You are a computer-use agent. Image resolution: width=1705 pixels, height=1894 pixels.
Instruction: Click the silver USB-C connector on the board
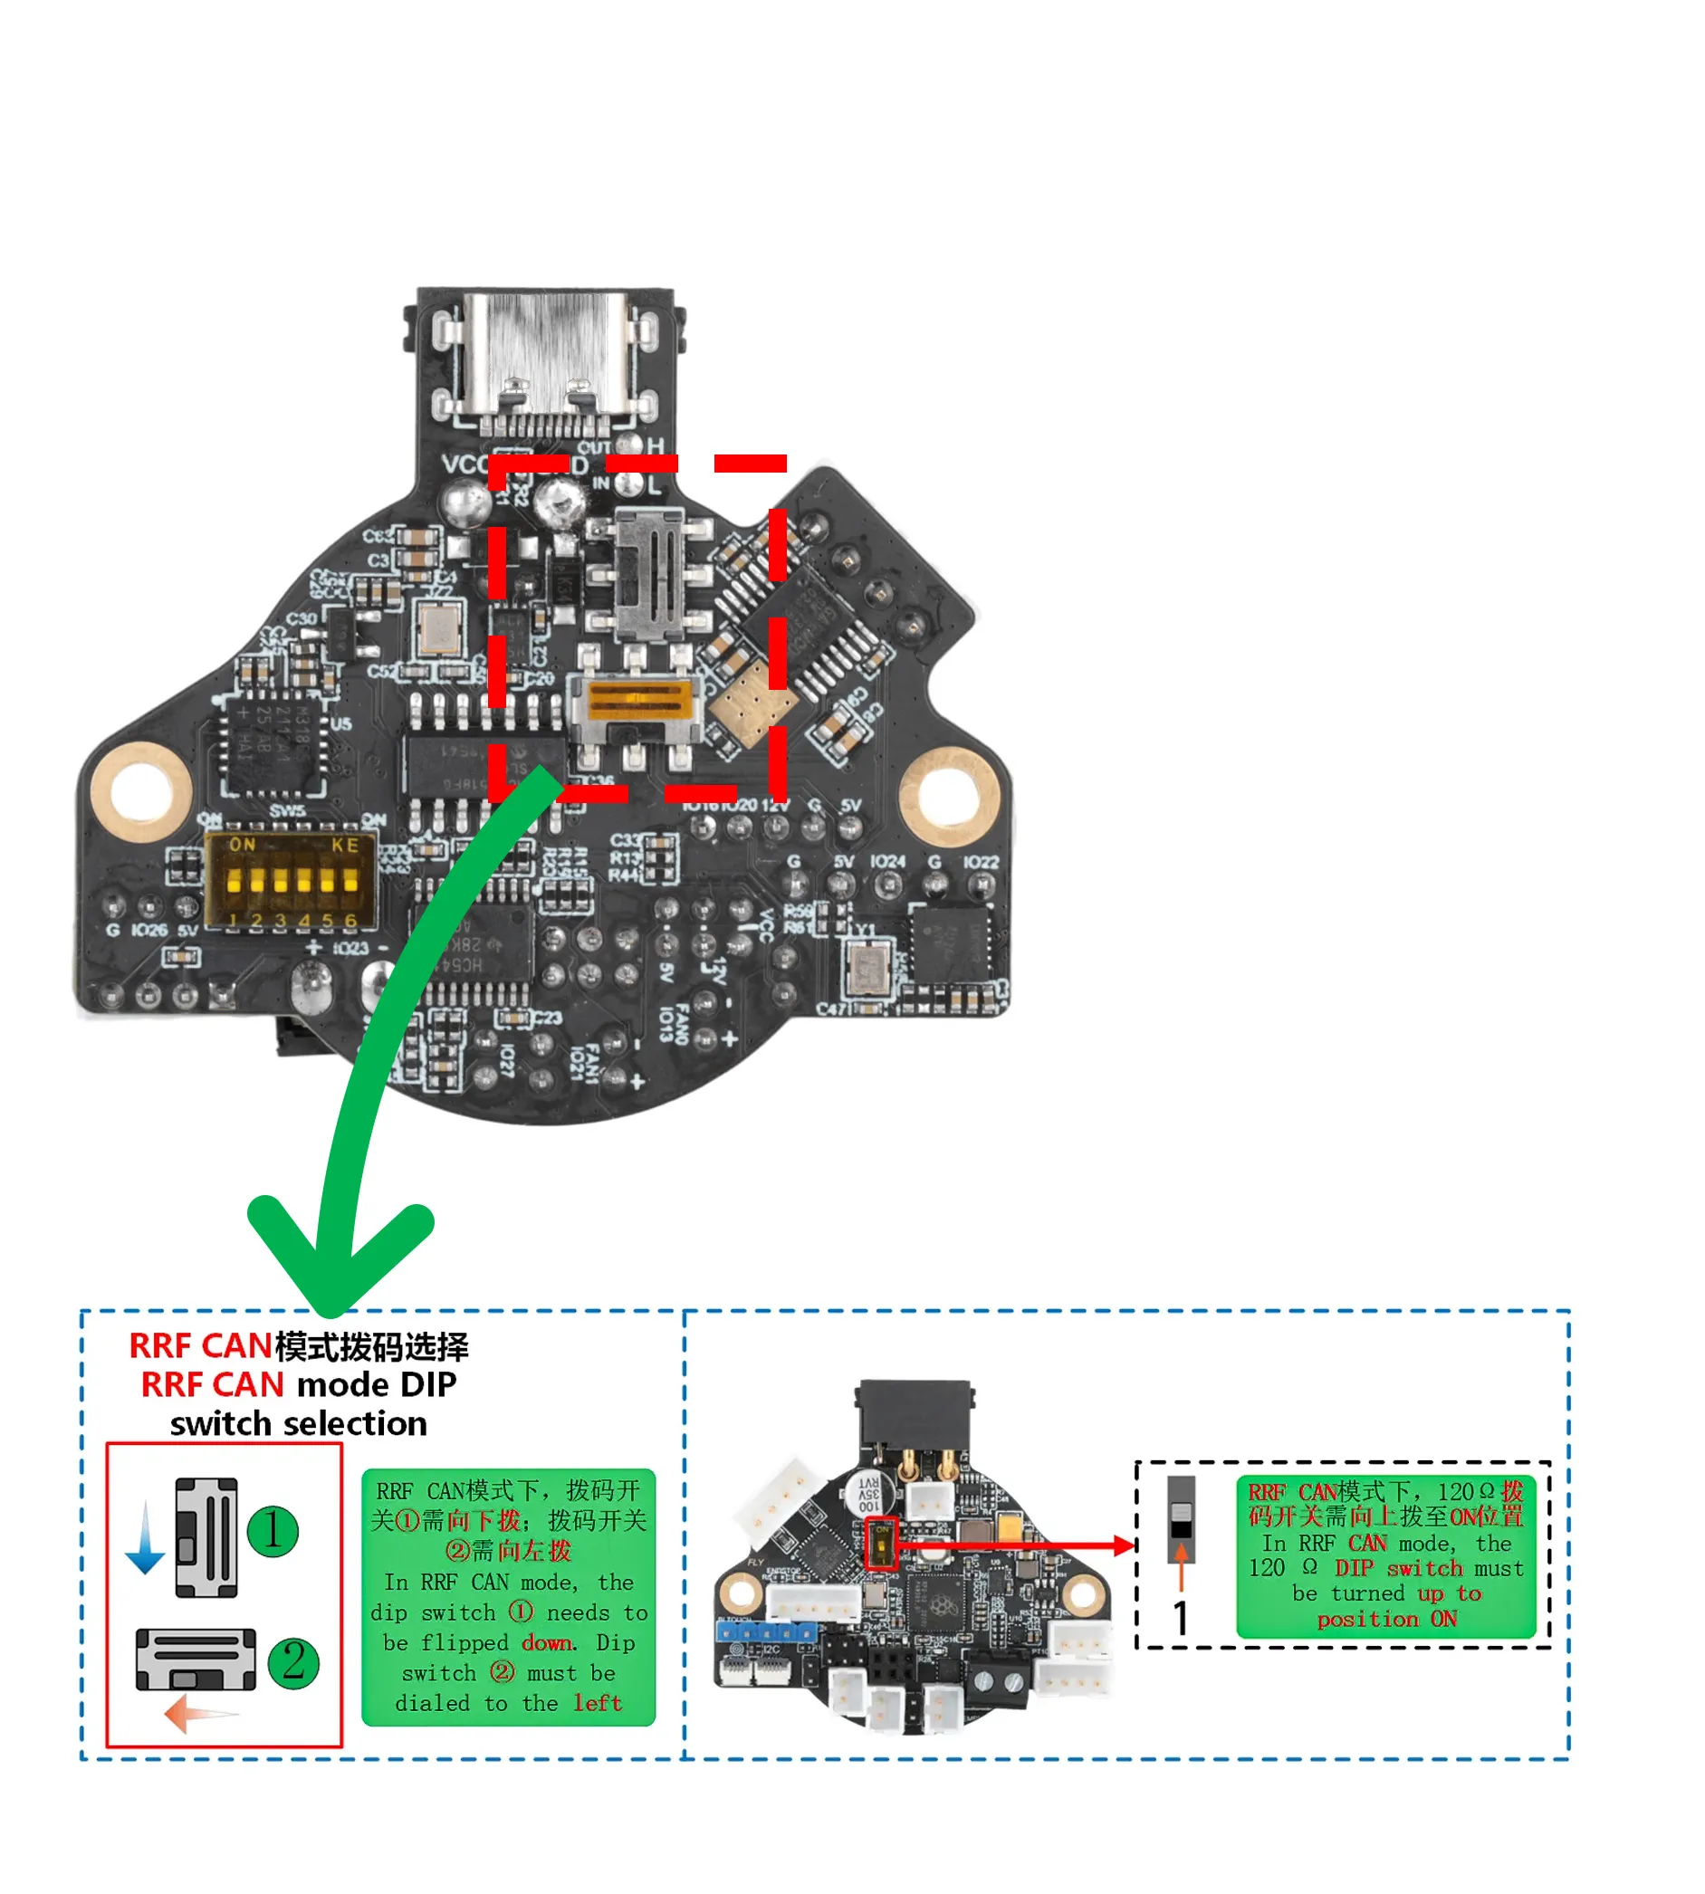[x=544, y=360]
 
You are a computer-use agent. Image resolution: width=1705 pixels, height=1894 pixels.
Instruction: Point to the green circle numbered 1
[x=272, y=1532]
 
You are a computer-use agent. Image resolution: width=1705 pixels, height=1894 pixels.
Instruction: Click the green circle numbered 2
[x=293, y=1662]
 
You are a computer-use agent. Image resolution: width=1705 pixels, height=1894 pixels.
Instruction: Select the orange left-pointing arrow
[x=199, y=1714]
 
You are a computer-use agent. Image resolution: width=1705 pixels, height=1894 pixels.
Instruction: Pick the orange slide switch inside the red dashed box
[x=639, y=701]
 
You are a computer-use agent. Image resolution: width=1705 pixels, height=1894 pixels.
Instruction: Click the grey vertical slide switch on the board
[x=648, y=573]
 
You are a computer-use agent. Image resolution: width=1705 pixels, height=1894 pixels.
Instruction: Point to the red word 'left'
[x=598, y=1703]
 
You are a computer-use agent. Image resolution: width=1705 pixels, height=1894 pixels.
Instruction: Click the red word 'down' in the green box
[x=548, y=1643]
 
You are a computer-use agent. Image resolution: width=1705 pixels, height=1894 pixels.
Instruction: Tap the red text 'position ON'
[x=1386, y=1619]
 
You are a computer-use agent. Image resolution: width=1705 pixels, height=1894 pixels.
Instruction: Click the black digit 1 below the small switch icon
[x=1181, y=1618]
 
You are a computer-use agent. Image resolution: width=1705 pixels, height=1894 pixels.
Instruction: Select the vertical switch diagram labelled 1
[x=207, y=1537]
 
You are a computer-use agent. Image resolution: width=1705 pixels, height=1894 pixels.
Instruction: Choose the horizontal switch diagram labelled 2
[x=196, y=1659]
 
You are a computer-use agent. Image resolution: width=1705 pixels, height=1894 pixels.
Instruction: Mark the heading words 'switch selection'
[x=298, y=1424]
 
